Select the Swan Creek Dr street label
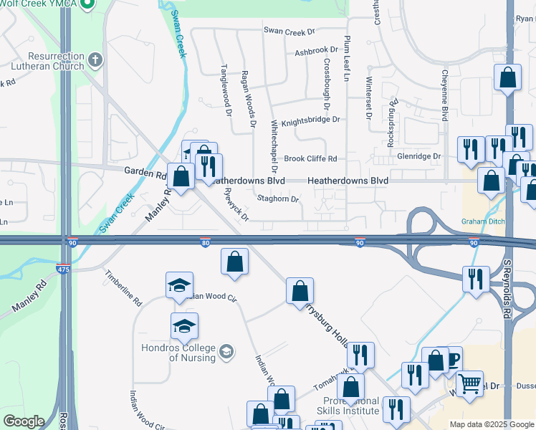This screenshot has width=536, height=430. (289, 32)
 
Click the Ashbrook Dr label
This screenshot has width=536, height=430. (316, 52)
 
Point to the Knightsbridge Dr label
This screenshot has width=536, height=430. (310, 121)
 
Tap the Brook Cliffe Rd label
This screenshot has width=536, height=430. (310, 159)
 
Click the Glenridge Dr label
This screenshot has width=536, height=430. (419, 156)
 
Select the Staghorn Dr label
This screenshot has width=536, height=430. (277, 199)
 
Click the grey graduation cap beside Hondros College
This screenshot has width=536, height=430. (226, 350)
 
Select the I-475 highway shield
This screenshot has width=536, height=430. (63, 268)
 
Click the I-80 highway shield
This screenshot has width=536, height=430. (205, 244)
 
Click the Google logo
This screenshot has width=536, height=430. (24, 421)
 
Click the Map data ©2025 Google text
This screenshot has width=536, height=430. (491, 424)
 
